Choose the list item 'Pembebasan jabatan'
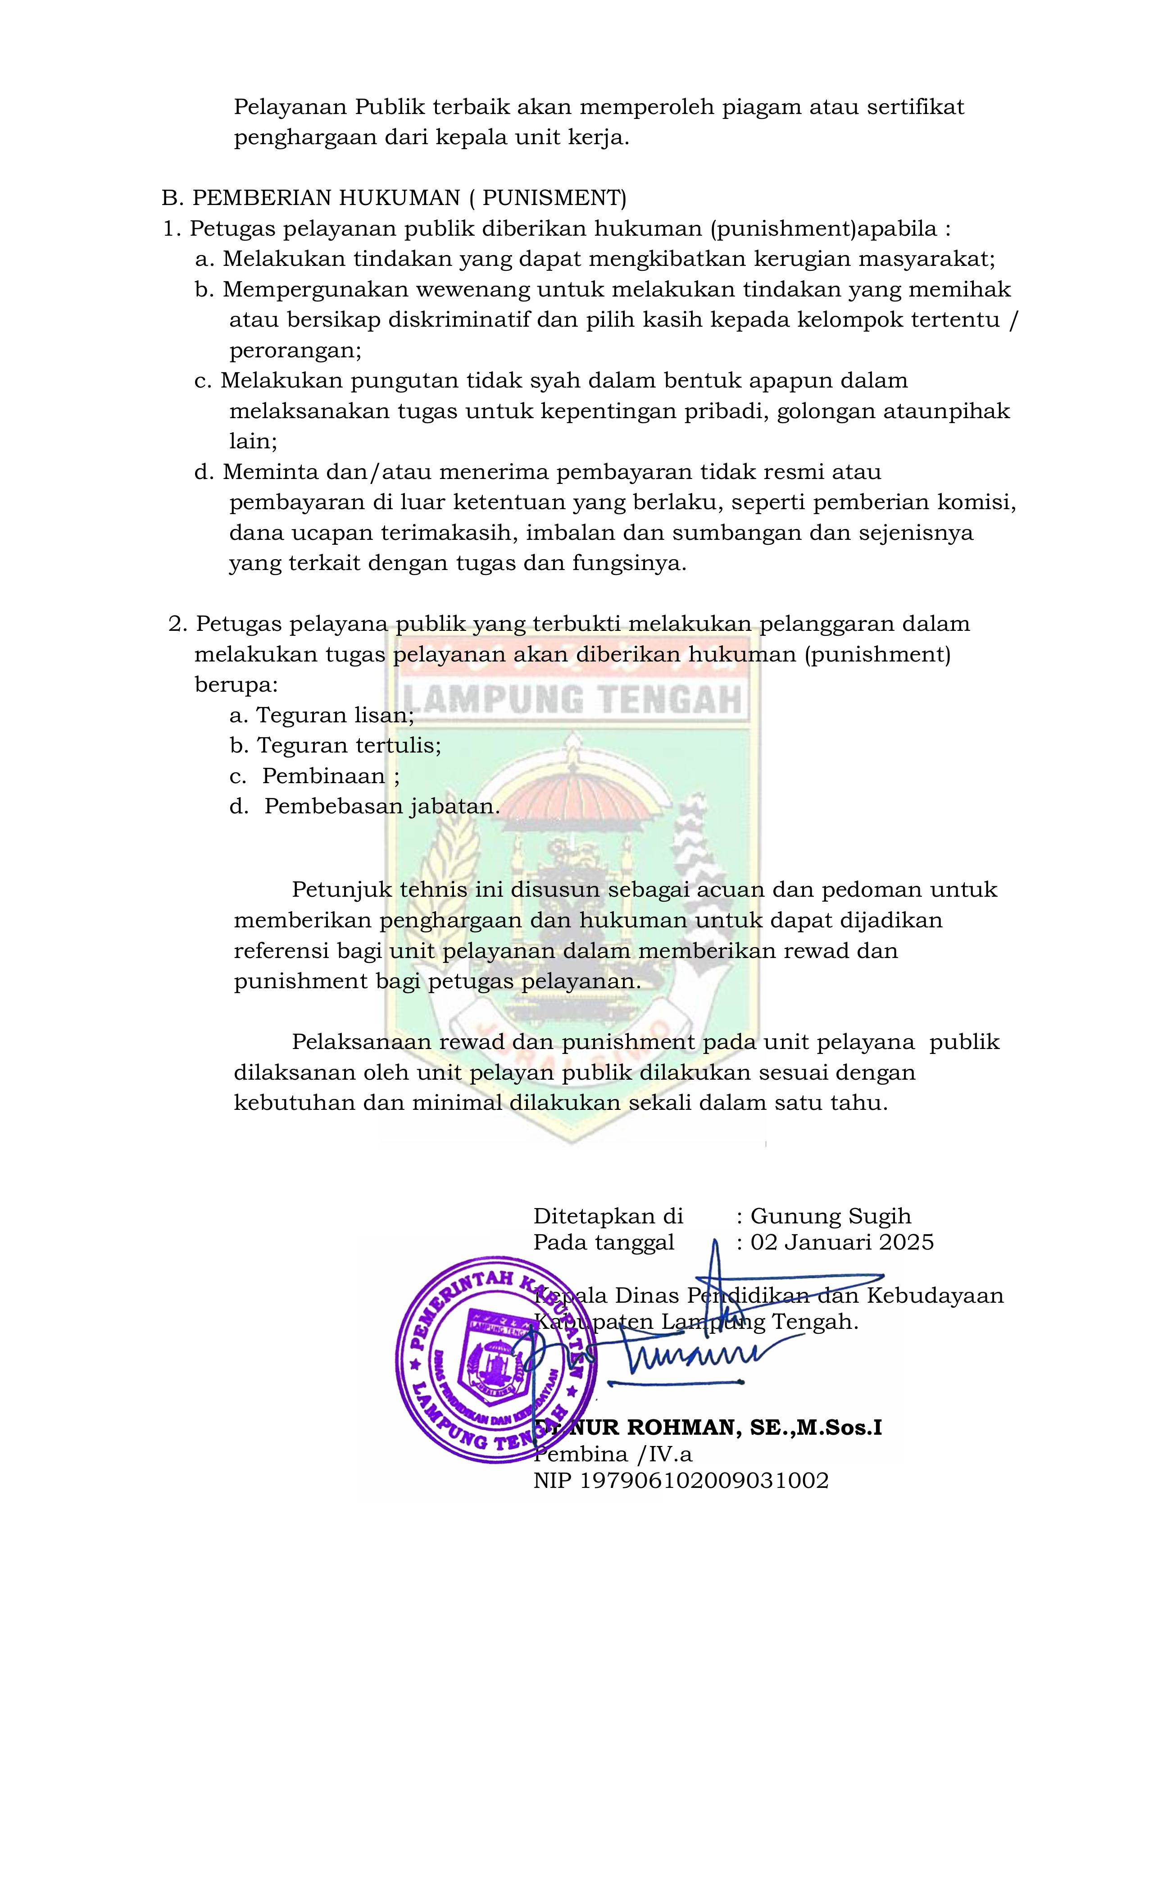coord(381,807)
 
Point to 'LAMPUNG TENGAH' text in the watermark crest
coord(572,700)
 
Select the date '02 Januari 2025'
coord(842,1242)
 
